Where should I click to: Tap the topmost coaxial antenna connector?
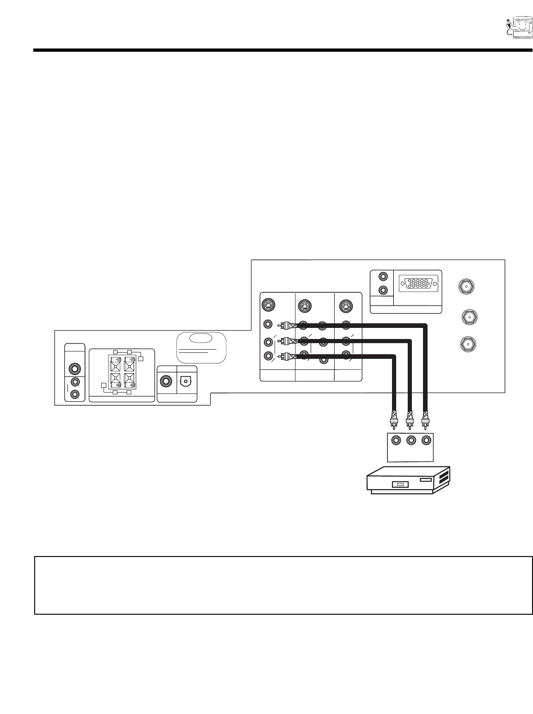pos(466,286)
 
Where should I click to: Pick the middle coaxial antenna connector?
pos(469,316)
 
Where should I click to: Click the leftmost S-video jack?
pos(268,305)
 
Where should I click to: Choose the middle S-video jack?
pos(304,305)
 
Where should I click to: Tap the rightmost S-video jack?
pos(346,305)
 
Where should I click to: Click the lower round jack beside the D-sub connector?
pos(383,290)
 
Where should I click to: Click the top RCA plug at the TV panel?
pos(289,325)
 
